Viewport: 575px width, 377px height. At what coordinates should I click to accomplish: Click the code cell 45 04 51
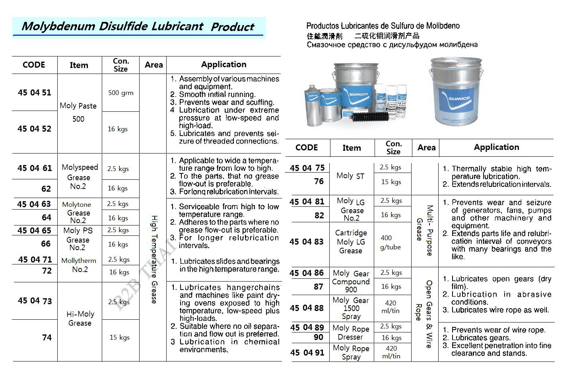point(35,93)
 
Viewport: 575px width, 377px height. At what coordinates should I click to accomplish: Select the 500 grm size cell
point(120,93)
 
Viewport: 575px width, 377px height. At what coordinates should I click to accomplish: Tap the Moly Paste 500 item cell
point(78,112)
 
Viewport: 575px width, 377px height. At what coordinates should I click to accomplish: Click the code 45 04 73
point(35,301)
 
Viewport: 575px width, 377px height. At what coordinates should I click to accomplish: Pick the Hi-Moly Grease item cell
point(80,319)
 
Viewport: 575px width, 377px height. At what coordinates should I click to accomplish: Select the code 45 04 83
point(307,242)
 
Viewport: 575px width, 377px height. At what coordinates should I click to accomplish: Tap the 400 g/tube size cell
point(390,242)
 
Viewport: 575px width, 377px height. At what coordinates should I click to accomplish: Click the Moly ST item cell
point(350,176)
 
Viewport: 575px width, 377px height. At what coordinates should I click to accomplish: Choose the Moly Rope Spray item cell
point(351,352)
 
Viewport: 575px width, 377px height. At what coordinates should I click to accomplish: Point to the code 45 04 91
point(307,352)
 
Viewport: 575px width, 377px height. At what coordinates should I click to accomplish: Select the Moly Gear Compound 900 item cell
point(351,281)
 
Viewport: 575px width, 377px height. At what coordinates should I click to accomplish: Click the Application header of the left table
point(223,64)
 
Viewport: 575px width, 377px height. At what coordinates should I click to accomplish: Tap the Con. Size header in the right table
point(393,148)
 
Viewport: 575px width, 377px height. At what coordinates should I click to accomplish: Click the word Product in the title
point(233,27)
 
